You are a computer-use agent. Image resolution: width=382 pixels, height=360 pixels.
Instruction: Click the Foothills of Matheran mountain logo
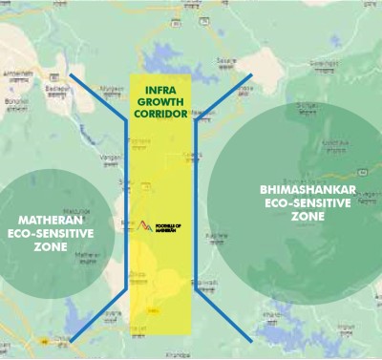pos(145,225)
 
